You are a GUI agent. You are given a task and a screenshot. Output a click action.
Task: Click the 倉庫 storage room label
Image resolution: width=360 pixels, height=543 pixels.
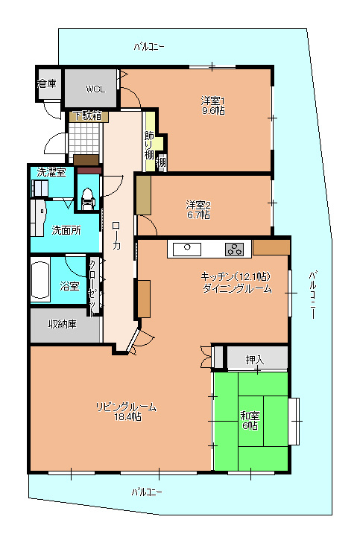point(47,83)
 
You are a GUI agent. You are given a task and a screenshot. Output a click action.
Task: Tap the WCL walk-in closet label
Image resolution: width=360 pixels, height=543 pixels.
point(95,89)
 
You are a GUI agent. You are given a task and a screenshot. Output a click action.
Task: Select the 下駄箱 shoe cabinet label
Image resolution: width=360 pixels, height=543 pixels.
point(89,115)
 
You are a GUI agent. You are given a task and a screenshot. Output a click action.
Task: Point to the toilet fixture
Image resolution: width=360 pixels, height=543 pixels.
point(87,198)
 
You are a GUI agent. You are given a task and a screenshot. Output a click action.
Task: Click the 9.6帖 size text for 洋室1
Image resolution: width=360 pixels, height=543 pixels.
point(212,111)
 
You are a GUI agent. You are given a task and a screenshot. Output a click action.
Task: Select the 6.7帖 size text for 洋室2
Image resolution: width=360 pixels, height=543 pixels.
point(198,215)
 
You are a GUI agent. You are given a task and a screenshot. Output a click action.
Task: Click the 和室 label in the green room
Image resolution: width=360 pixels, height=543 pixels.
point(249,416)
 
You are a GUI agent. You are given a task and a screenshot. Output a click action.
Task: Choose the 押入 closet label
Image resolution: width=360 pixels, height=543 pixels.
point(256,361)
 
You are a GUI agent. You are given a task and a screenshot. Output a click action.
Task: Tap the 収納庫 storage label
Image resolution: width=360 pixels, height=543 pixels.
point(63,324)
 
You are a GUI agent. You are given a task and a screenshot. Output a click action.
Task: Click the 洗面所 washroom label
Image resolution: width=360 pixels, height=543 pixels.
point(66,230)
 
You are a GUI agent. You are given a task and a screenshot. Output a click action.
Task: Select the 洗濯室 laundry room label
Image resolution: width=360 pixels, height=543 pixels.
point(51,172)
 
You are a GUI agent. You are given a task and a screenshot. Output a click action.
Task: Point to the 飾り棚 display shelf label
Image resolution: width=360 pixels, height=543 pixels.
point(150,145)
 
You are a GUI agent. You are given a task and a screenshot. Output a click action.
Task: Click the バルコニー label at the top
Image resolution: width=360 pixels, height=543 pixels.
point(150,46)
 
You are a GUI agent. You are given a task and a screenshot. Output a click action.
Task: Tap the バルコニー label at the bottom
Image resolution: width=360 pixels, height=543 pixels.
point(148,492)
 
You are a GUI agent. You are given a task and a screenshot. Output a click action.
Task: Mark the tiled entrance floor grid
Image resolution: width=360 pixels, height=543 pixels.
point(83,137)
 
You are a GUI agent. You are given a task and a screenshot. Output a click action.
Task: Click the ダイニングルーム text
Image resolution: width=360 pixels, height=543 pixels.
point(237,288)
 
